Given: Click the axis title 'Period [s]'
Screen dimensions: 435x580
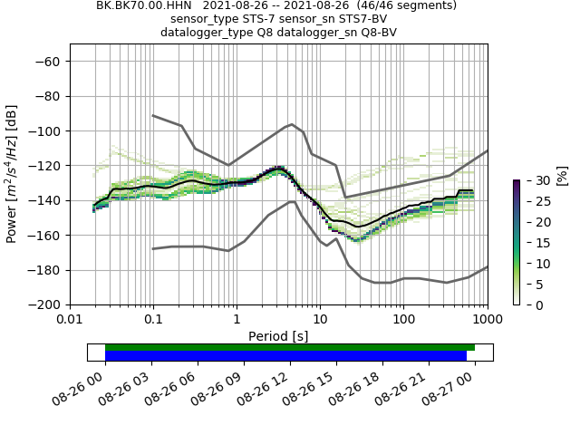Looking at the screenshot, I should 278,335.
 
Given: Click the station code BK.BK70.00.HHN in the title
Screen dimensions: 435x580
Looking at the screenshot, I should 140,5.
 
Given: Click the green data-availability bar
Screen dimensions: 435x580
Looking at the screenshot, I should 290,347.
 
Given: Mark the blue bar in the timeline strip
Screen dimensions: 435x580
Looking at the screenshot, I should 285,356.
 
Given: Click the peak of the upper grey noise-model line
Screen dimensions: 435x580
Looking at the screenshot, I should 292,124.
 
